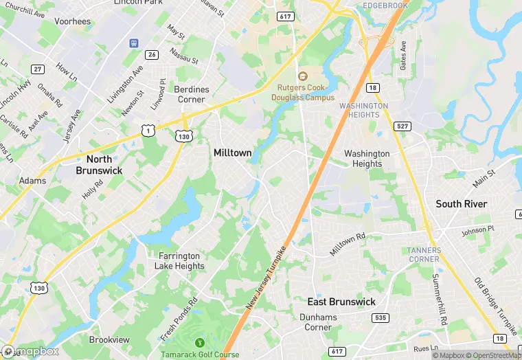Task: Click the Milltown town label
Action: coord(232,153)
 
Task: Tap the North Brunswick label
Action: coord(99,164)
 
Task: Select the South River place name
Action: coord(461,204)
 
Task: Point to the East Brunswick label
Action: coord(341,302)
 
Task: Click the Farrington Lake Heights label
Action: coord(177,260)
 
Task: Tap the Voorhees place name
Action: coord(72,22)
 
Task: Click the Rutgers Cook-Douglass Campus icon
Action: coord(302,76)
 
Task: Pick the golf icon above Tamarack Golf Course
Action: coord(200,341)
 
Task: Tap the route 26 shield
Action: coord(152,54)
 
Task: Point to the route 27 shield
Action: coord(38,69)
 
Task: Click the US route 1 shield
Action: coord(148,129)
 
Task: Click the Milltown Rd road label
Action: coord(348,244)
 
